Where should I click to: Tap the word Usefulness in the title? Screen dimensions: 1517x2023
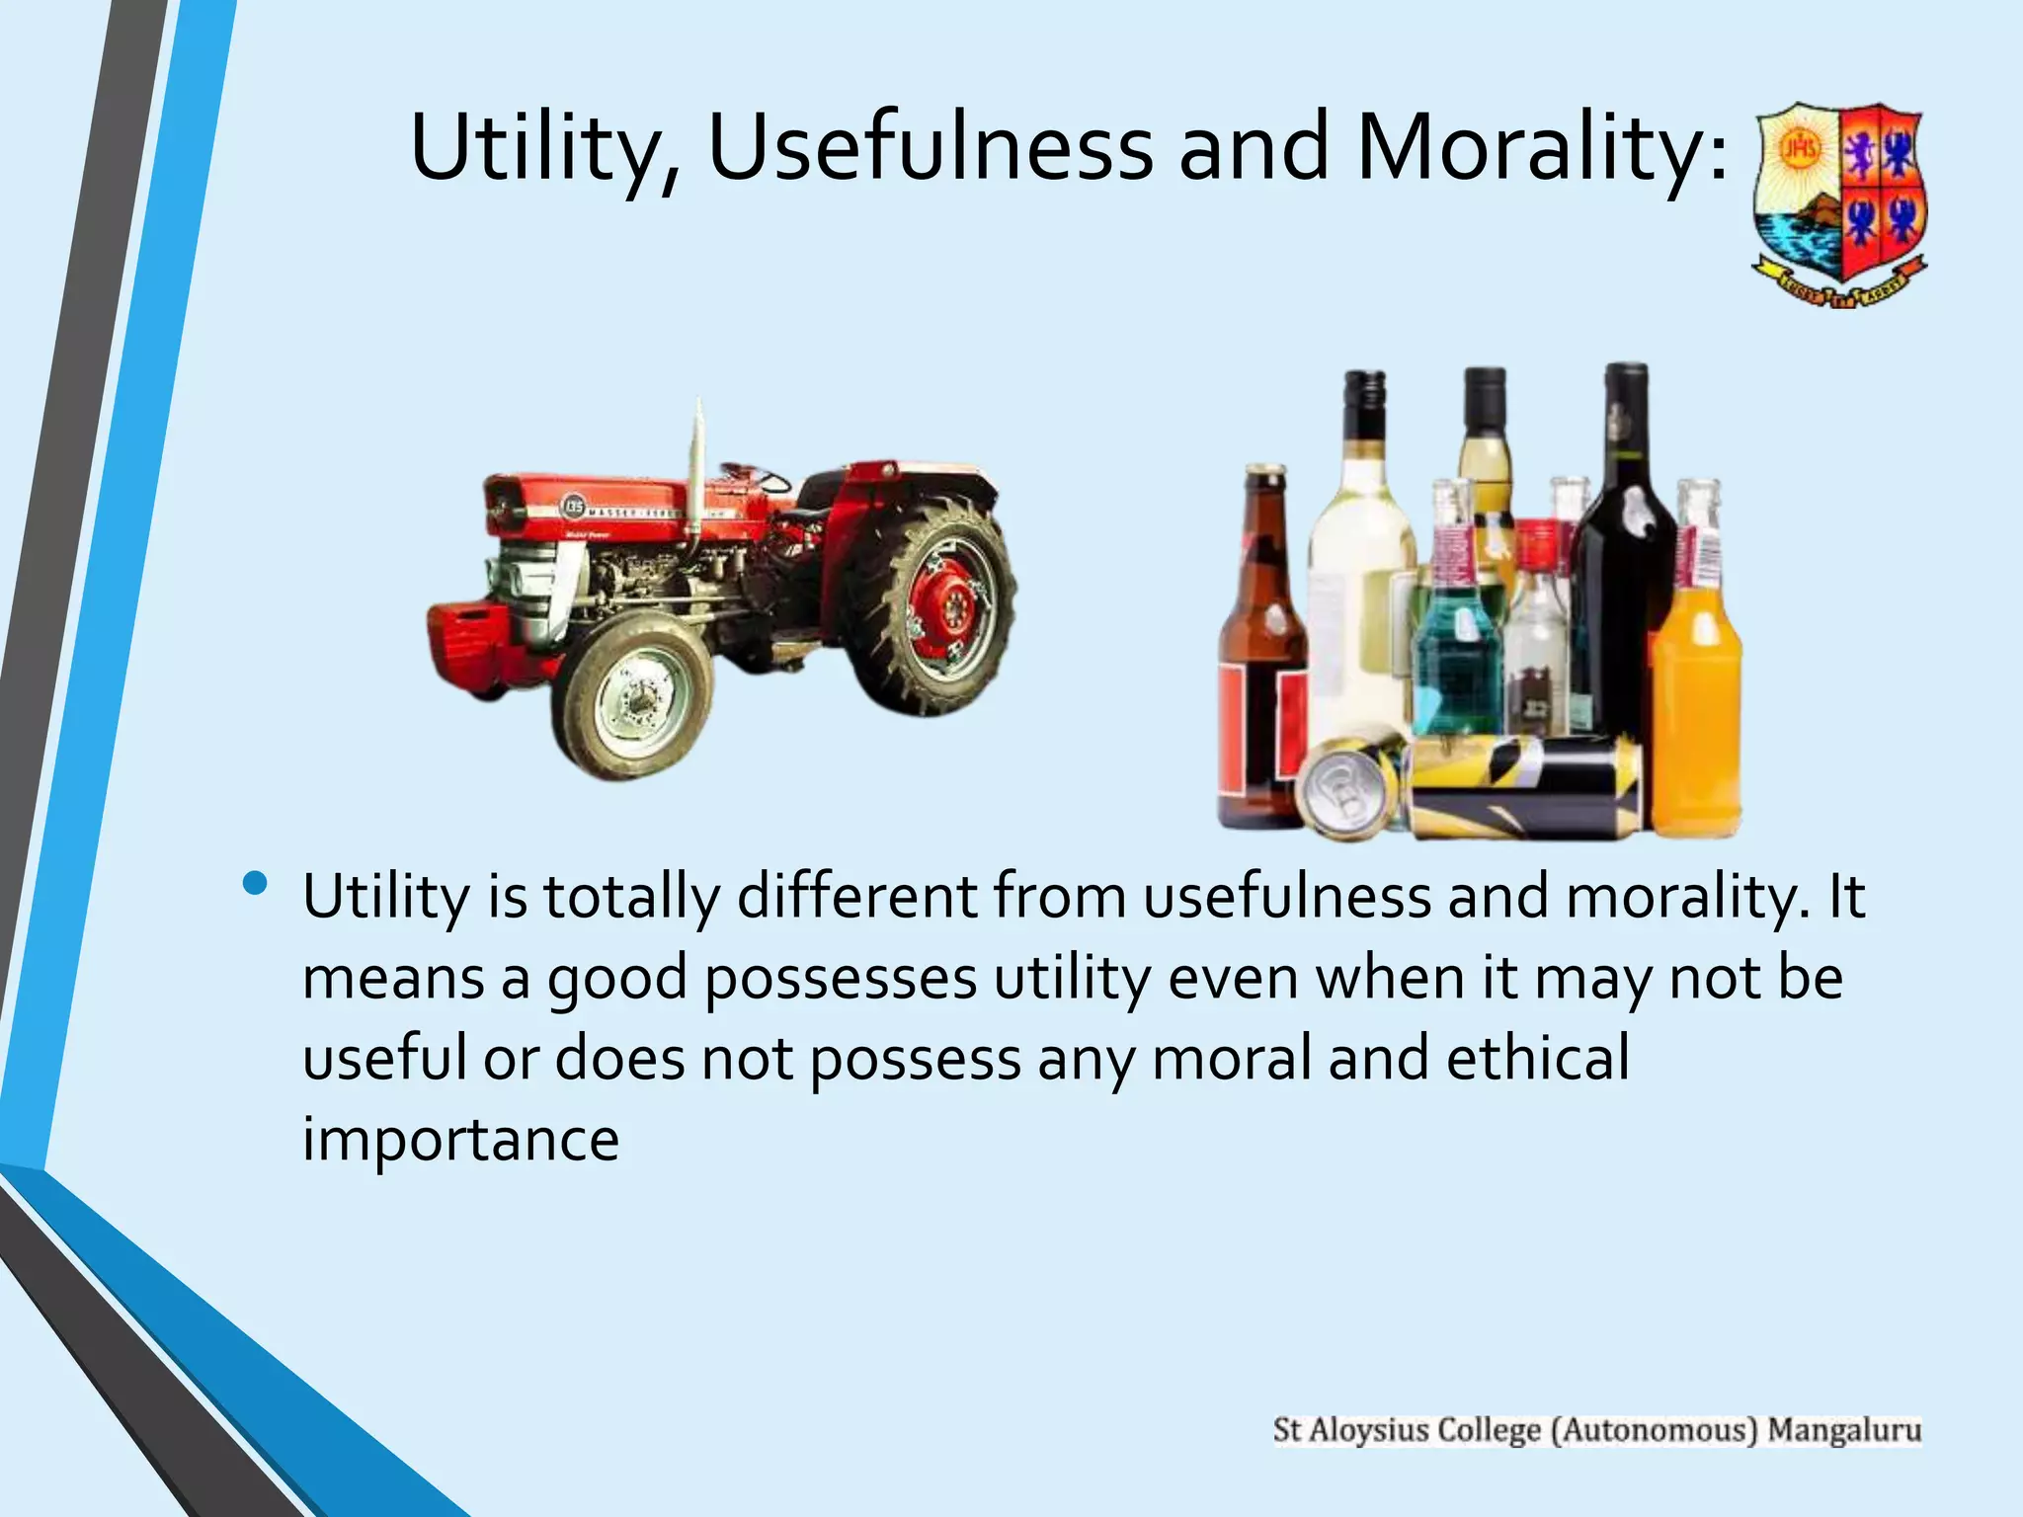point(930,148)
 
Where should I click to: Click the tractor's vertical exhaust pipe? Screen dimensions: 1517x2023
point(698,464)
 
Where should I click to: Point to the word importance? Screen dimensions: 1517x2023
point(460,1140)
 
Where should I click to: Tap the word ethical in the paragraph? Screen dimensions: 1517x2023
point(1537,1058)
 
